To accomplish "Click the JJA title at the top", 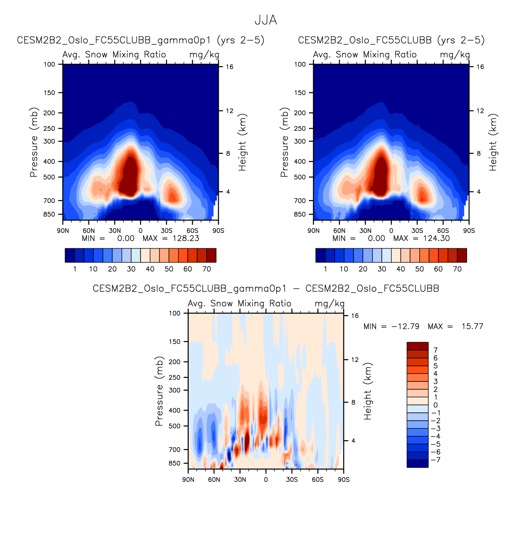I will pos(266,20).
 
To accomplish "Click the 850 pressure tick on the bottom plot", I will pos(175,463).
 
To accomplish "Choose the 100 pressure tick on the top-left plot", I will pos(49,64).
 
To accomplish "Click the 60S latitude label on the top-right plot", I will pos(443,231).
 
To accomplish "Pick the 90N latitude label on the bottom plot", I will pos(188,480).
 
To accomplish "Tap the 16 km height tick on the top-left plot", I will pos(230,67).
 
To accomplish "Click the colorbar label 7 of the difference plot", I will pos(436,350).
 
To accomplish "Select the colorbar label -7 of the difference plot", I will pos(436,460).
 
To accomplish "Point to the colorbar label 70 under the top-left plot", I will pos(206,269).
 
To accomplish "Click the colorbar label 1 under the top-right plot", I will pos(325,269).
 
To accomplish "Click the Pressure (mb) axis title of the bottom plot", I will pos(159,391).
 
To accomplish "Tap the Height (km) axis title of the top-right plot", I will pos(493,142).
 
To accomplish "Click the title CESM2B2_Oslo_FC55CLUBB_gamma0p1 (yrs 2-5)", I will pos(141,40).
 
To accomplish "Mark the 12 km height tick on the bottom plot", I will pos(355,359).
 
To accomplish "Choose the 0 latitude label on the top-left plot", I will pos(141,231).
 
